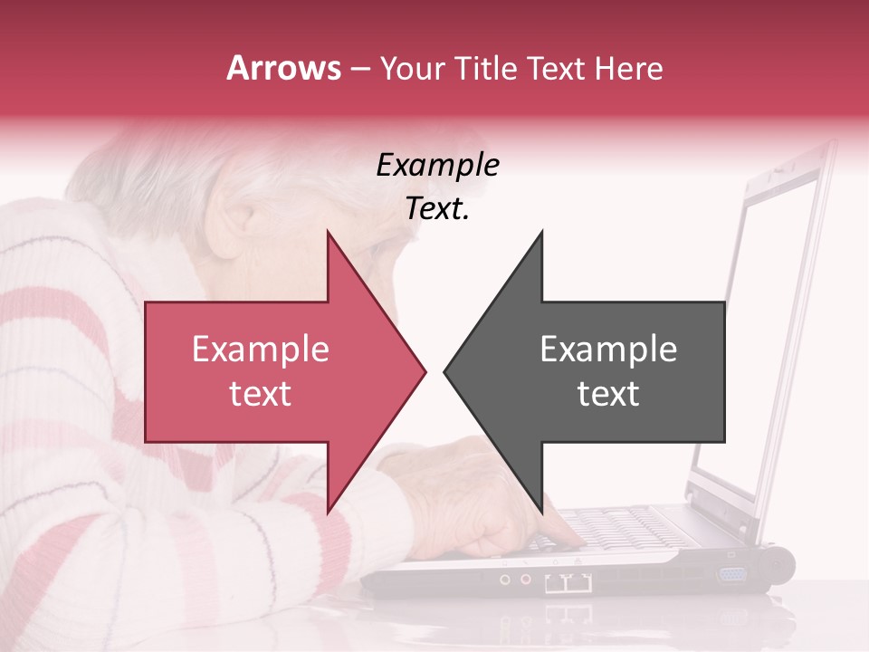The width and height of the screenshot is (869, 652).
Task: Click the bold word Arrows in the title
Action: (x=284, y=68)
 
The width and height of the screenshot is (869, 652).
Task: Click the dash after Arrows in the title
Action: (x=359, y=70)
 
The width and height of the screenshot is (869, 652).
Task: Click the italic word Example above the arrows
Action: (x=437, y=165)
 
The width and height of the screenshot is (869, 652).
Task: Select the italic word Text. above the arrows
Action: (x=437, y=209)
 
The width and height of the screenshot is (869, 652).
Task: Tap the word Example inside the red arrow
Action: (x=260, y=350)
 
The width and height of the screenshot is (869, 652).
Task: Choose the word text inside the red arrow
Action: (x=260, y=394)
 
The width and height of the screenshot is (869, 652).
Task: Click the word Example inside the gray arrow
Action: (x=608, y=350)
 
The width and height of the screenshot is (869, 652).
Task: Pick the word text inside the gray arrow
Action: (x=608, y=394)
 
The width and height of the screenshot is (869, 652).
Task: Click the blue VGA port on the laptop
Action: (x=732, y=574)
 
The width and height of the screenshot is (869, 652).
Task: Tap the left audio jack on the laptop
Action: (x=506, y=579)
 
